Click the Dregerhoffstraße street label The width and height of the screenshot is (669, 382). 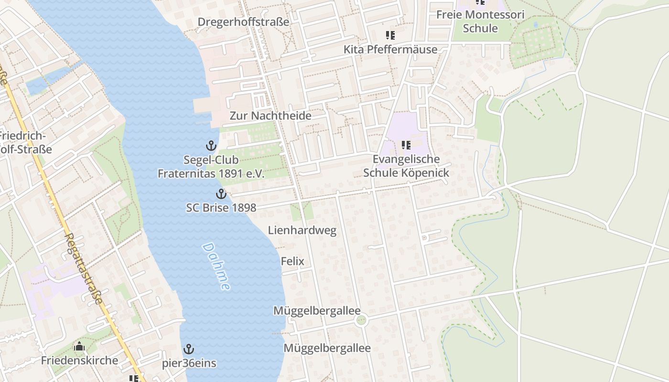(x=243, y=22)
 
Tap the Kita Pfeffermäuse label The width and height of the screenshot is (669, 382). (x=390, y=49)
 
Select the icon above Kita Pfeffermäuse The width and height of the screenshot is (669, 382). (x=390, y=35)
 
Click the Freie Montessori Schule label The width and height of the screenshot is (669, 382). (x=480, y=21)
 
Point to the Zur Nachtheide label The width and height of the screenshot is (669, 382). (x=270, y=116)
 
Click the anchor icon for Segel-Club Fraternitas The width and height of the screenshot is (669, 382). (x=211, y=146)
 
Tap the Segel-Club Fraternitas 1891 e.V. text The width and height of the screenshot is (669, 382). (x=211, y=167)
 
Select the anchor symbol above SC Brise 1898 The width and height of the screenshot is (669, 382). (x=221, y=194)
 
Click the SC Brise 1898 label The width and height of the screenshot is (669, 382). (x=221, y=208)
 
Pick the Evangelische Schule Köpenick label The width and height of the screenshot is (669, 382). (x=406, y=166)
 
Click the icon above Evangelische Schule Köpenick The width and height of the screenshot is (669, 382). (x=406, y=145)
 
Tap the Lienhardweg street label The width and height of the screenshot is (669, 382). (x=302, y=230)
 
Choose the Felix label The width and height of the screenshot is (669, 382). (x=292, y=261)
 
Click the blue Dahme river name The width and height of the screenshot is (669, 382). (x=216, y=266)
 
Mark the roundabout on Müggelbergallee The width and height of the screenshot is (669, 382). (x=361, y=320)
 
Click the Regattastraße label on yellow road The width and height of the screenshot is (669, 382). (x=84, y=268)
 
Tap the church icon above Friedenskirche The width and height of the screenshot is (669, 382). (x=79, y=346)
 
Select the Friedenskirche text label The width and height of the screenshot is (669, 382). (x=79, y=360)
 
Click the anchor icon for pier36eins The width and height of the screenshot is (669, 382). (x=189, y=349)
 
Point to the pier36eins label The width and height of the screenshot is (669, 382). (x=189, y=363)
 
